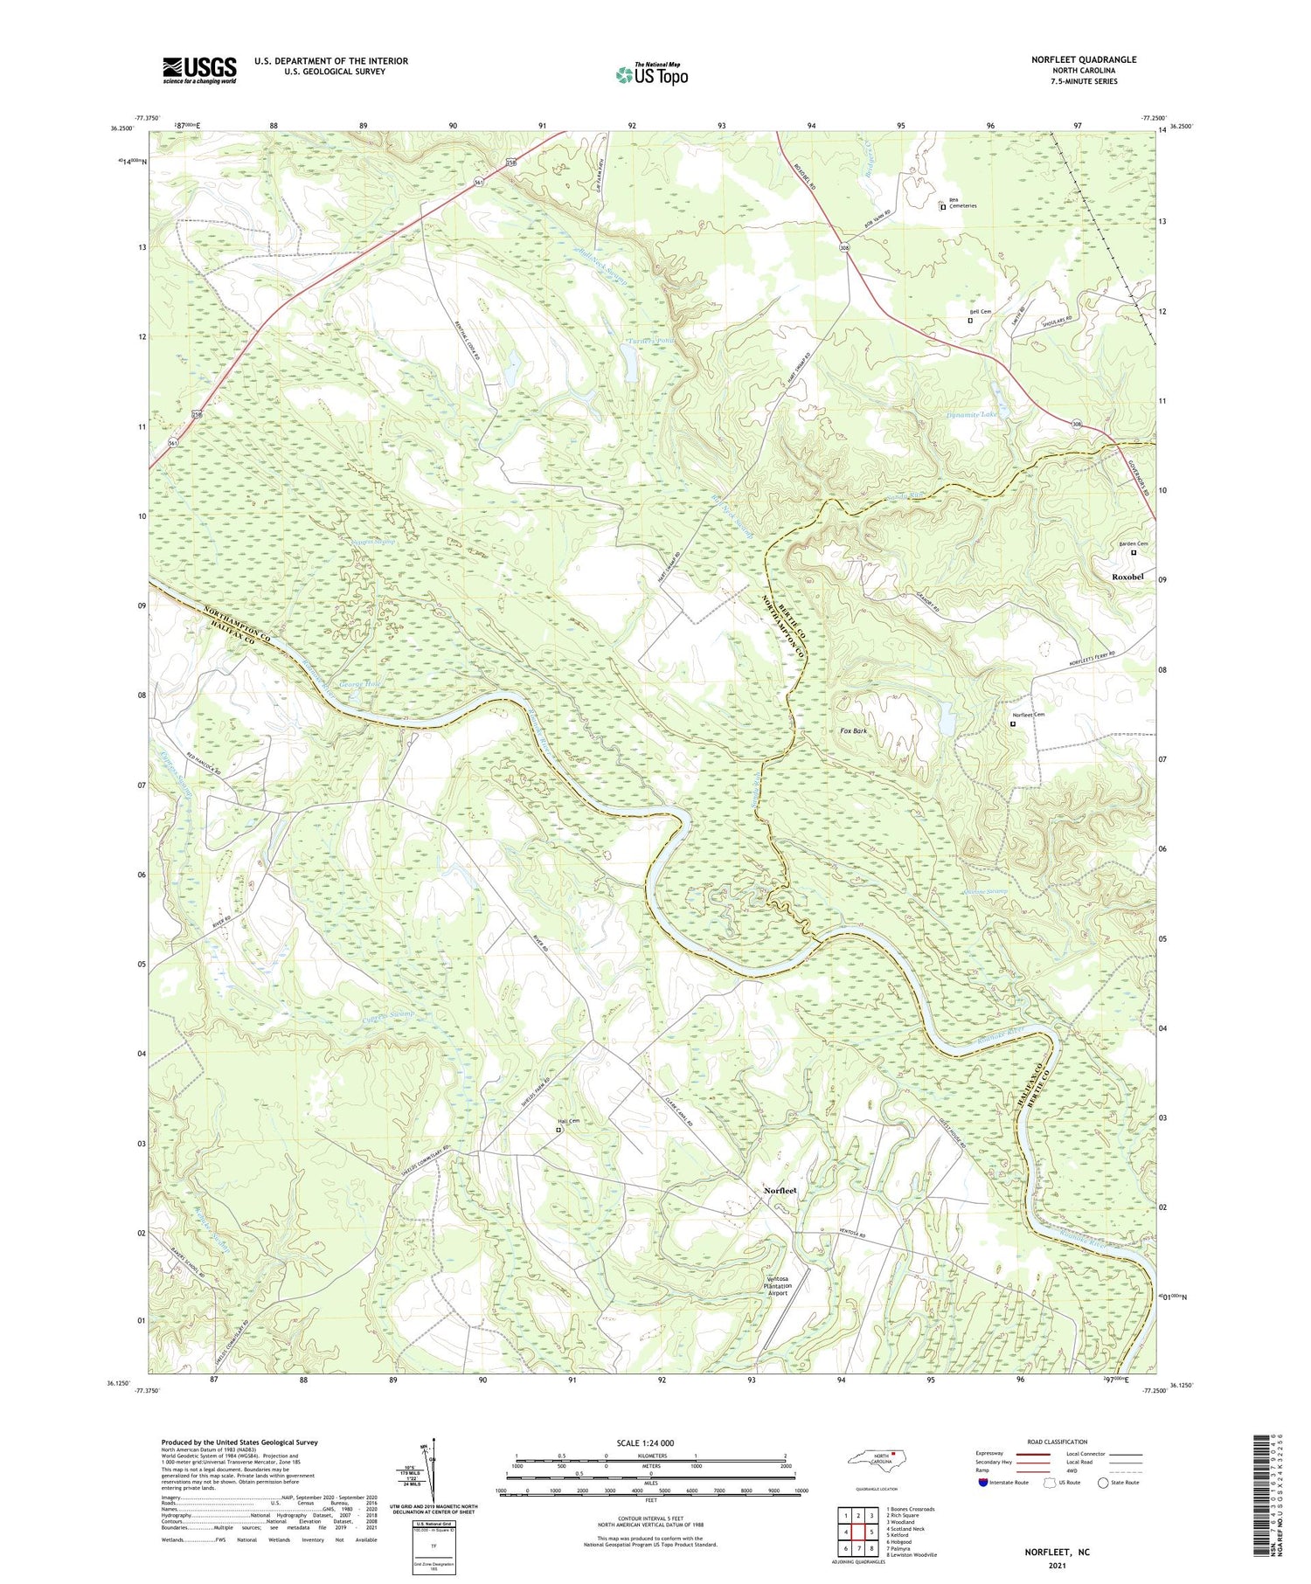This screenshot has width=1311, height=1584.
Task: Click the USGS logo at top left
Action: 199,70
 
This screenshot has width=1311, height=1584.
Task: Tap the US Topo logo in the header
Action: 652,74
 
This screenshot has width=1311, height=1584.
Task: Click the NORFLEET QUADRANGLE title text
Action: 1083,59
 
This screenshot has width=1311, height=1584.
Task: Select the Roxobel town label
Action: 1127,577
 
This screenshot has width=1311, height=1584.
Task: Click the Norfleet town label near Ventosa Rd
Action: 780,1191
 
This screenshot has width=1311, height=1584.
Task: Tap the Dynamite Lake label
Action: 971,414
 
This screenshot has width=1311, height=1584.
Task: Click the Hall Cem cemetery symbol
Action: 559,1130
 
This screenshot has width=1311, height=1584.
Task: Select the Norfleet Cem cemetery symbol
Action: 1014,723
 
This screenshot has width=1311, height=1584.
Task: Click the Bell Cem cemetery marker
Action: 970,321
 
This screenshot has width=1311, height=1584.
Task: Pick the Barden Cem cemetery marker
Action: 1134,552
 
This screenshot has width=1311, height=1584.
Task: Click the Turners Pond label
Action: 652,340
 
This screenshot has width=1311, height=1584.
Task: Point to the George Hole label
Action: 360,684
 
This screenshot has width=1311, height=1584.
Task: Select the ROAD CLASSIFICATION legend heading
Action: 1058,1442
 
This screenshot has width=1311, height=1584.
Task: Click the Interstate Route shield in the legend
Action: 984,1482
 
